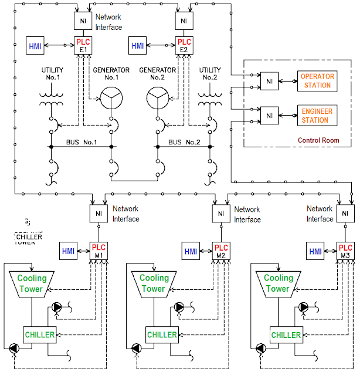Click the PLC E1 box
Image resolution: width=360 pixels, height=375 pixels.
(81, 45)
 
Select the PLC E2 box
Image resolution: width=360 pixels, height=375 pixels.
(184, 45)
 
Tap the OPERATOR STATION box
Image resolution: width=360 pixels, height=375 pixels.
(316, 81)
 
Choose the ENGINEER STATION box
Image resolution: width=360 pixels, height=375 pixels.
(316, 115)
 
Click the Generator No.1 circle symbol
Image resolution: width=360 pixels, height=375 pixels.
(111, 96)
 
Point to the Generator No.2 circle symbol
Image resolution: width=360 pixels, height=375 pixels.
(157, 96)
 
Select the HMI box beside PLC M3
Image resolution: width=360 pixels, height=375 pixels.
(315, 251)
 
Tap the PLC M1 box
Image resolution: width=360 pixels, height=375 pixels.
(98, 251)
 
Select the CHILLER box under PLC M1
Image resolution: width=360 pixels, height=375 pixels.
(39, 335)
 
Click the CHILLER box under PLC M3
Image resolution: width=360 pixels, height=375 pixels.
(286, 335)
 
